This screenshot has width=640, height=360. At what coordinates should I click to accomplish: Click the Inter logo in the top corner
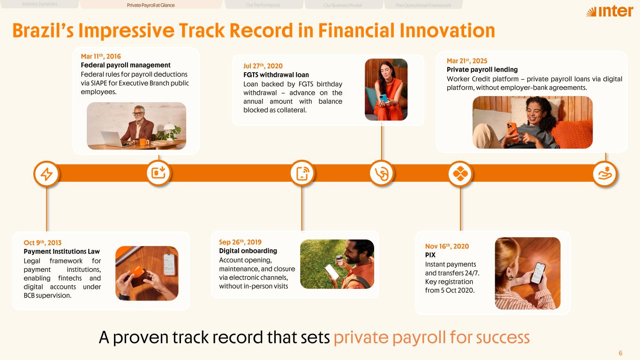pyautogui.click(x=610, y=11)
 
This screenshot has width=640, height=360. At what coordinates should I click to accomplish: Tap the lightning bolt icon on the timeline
pyautogui.click(x=46, y=174)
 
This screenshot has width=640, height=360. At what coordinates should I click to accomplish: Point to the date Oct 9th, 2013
pyautogui.click(x=43, y=242)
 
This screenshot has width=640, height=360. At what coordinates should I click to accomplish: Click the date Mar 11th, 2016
pyautogui.click(x=100, y=56)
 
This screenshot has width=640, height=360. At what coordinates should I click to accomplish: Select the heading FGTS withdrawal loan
pyautogui.click(x=276, y=75)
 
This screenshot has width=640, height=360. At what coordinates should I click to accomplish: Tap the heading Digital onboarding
pyautogui.click(x=248, y=251)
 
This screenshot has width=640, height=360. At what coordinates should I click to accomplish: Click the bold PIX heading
pyautogui.click(x=430, y=255)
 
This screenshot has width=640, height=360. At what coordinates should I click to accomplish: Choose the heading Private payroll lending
pyautogui.click(x=482, y=70)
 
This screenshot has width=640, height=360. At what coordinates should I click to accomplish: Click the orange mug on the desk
pyautogui.click(x=144, y=142)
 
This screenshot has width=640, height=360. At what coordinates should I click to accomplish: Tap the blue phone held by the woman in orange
pyautogui.click(x=384, y=98)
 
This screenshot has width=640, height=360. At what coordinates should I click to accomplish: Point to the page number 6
pyautogui.click(x=620, y=353)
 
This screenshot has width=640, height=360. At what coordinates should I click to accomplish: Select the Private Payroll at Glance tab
pyautogui.click(x=151, y=5)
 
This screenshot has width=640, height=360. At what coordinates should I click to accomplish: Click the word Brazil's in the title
pyautogui.click(x=43, y=30)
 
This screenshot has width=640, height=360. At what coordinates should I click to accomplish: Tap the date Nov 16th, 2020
pyautogui.click(x=447, y=246)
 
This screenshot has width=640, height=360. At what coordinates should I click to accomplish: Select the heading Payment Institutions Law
pyautogui.click(x=62, y=251)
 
